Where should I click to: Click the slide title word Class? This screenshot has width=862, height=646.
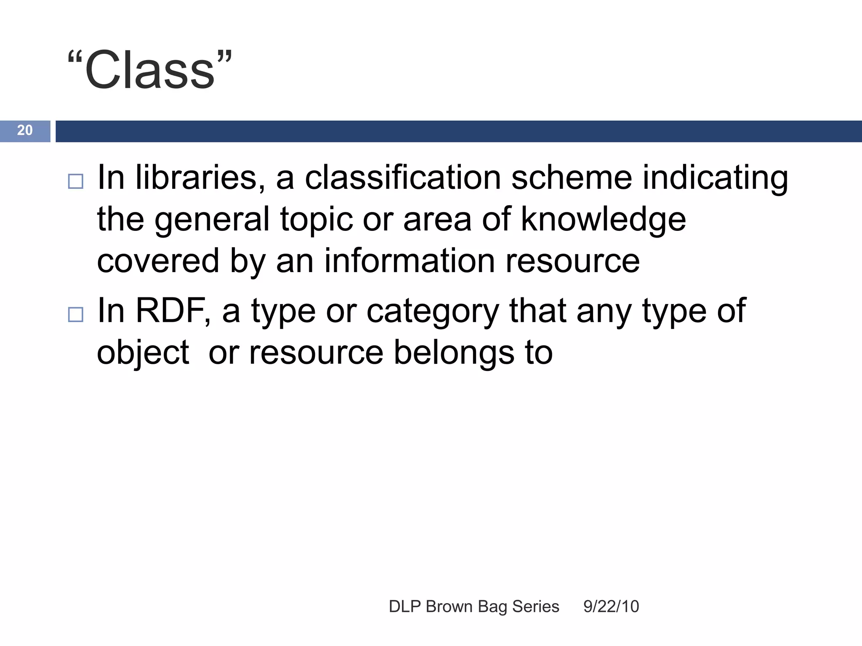click(x=149, y=70)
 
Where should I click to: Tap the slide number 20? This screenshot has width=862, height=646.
click(x=25, y=130)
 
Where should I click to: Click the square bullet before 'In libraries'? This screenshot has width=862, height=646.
click(x=76, y=181)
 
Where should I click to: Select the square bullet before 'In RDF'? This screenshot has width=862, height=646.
click(x=76, y=314)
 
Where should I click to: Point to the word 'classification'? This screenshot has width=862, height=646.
click(x=402, y=177)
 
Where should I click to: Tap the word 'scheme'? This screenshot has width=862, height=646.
click(x=571, y=177)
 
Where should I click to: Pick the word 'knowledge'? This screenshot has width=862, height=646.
click(x=604, y=220)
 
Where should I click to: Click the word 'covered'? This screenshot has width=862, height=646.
click(x=158, y=261)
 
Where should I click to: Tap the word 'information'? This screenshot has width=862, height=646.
click(x=409, y=261)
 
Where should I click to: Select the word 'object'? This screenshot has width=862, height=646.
click(x=143, y=353)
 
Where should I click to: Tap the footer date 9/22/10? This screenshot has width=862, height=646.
click(x=611, y=606)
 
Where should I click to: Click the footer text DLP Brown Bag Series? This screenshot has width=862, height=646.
click(x=474, y=606)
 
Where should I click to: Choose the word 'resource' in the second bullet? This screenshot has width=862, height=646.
click(x=316, y=353)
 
